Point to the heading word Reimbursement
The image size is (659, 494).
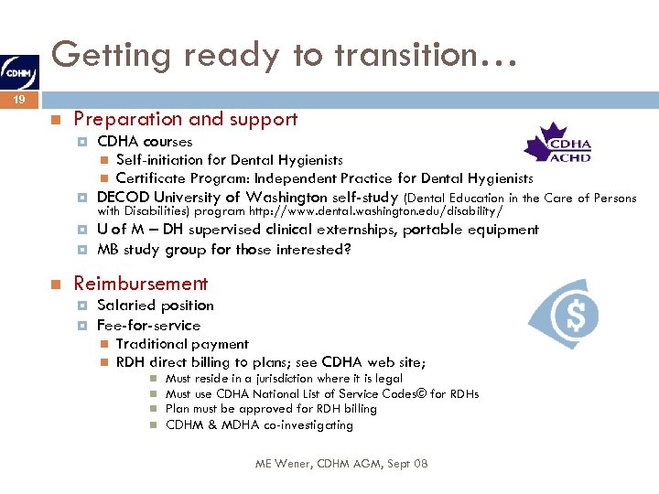(141, 285)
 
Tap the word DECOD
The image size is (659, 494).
(122, 198)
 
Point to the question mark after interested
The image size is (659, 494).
(347, 250)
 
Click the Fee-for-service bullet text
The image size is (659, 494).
(148, 326)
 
